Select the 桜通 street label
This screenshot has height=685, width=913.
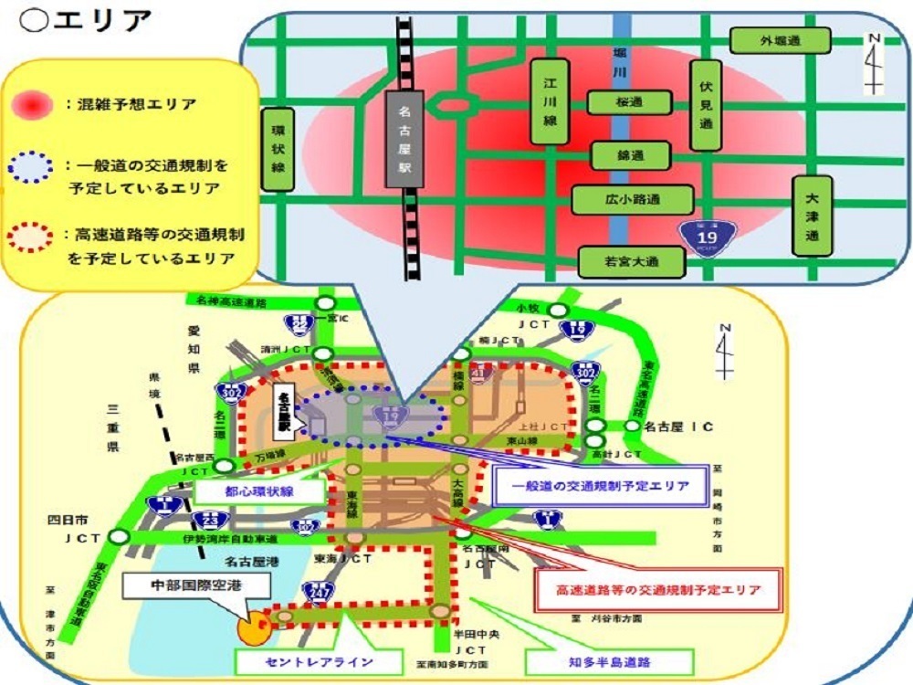(629, 102)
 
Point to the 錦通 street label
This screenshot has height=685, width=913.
(630, 155)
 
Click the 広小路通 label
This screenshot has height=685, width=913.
(633, 199)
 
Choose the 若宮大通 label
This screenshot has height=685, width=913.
(632, 262)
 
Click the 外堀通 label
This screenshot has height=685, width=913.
(780, 40)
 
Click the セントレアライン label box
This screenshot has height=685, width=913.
(305, 660)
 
